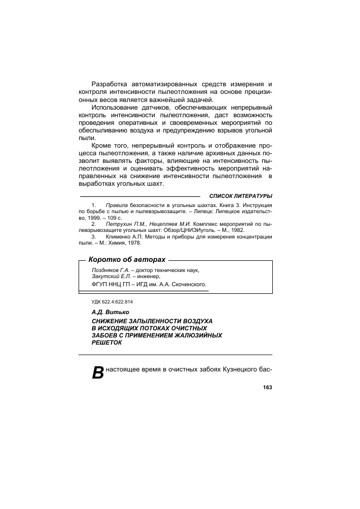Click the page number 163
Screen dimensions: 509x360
[x=267, y=388]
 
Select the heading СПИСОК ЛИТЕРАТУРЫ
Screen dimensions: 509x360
[x=241, y=196]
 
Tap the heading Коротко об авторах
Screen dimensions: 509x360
[x=127, y=260]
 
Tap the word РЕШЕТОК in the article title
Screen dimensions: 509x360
[x=106, y=343]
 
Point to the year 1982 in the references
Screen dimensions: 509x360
[x=236, y=230]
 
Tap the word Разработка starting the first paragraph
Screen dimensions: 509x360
[x=112, y=83]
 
